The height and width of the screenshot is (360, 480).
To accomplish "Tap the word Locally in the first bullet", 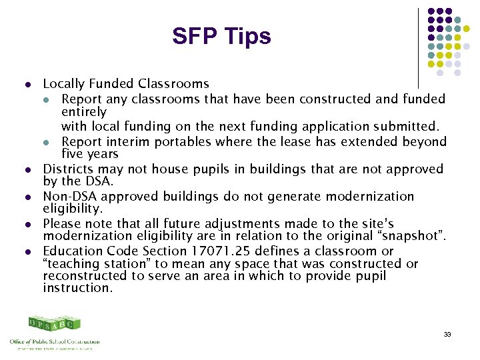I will pos(63,84).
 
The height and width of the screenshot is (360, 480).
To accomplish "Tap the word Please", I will pos(62,224).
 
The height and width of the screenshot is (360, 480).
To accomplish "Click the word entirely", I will pos(84,112).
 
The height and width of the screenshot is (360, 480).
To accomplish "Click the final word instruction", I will pos(78,288).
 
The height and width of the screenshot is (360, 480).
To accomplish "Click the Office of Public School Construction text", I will pos(55,341).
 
